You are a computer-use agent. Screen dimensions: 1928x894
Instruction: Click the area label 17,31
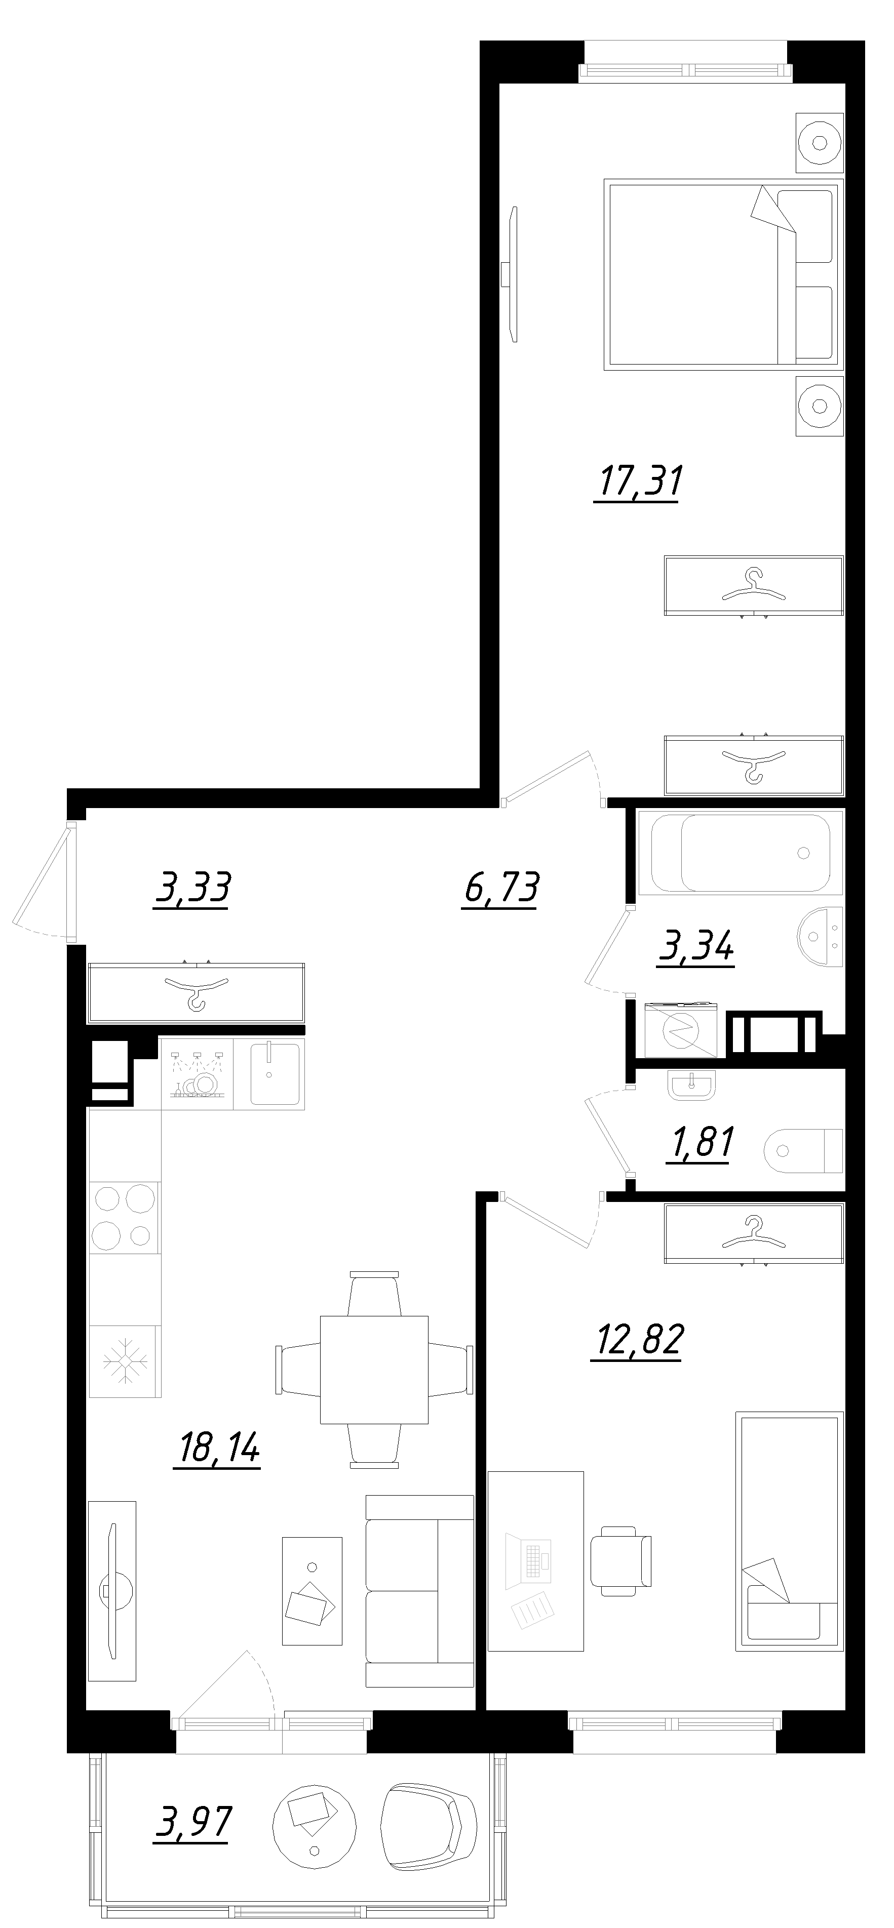[x=638, y=481]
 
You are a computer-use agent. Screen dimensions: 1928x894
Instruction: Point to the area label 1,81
[x=700, y=1143]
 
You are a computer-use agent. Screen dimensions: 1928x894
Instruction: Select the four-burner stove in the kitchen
[x=124, y=1217]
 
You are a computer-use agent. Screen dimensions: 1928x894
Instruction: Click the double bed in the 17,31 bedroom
[x=722, y=274]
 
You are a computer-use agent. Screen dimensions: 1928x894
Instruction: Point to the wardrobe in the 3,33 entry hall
[x=196, y=992]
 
